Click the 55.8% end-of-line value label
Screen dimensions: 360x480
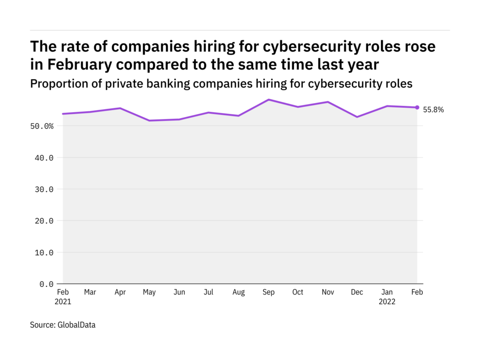tap(433, 110)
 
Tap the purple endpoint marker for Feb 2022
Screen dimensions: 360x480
tap(417, 107)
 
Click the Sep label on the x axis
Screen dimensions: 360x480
tap(268, 292)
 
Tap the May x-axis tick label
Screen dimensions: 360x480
tap(150, 292)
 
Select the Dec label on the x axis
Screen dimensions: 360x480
tap(357, 292)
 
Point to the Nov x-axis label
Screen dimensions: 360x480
tap(328, 292)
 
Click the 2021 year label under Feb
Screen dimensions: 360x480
tap(63, 302)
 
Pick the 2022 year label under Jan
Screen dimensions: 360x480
tap(387, 302)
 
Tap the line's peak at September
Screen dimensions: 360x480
tap(269, 99)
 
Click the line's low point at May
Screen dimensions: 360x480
tap(150, 120)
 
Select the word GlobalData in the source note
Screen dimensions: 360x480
tap(76, 324)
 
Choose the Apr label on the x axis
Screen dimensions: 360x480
tap(120, 292)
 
